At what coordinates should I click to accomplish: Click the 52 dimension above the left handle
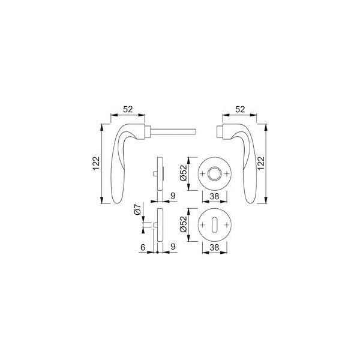[128, 110]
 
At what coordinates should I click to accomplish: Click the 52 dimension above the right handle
[240, 110]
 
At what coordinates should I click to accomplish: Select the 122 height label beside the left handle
[97, 163]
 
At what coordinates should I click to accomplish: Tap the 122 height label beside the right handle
[261, 163]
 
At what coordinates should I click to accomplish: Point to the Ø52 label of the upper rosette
[184, 173]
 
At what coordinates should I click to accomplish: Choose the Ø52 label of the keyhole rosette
[184, 224]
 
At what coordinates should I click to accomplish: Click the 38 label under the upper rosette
[214, 196]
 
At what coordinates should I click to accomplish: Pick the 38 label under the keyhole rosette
[214, 247]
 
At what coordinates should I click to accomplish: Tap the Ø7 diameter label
[137, 209]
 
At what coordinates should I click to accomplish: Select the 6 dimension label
[143, 247]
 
